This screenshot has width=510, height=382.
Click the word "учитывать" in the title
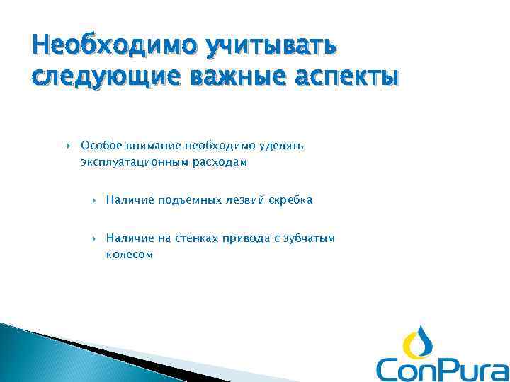pyautogui.click(x=272, y=47)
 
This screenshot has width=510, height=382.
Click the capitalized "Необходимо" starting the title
pyautogui.click(x=113, y=47)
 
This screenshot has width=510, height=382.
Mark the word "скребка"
pyautogui.click(x=290, y=200)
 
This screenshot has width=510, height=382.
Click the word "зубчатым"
pyautogui.click(x=307, y=238)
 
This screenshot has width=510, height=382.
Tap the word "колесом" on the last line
pyautogui.click(x=129, y=255)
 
